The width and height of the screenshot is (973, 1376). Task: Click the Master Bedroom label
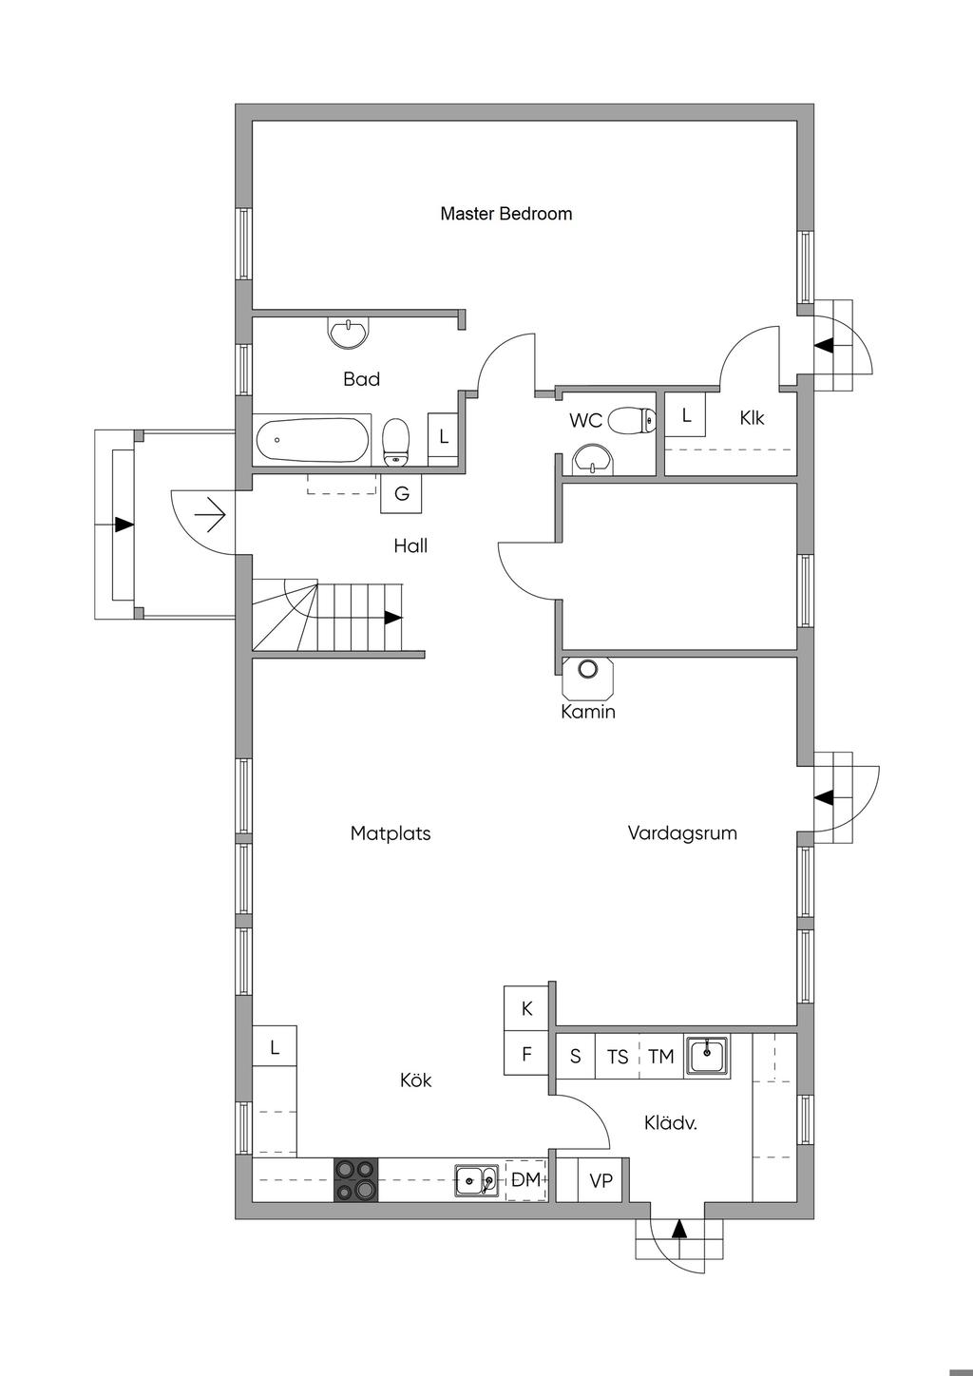pos(506,214)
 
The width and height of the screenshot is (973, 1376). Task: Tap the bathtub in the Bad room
pos(312,440)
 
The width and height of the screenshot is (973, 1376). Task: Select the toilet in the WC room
pos(632,419)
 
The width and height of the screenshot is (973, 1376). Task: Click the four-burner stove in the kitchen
pos(355,1179)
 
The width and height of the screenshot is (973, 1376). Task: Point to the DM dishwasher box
pos(525,1180)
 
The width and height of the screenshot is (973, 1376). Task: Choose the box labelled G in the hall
pos(401,494)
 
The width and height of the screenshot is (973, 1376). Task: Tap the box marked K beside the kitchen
pos(526,1009)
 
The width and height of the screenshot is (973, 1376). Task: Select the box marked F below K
pos(526,1054)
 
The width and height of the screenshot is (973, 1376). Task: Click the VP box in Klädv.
pos(601,1180)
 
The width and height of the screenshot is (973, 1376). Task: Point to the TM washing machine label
pos(660,1056)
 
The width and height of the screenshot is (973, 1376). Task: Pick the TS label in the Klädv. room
pos(618,1056)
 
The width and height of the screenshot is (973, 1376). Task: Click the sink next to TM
pos(708,1055)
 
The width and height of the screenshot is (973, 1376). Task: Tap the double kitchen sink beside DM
pos(477,1180)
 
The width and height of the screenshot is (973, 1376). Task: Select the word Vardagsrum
pos(682,833)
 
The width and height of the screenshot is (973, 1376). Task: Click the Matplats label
pos(391,833)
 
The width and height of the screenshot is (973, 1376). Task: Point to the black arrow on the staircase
pos(392,618)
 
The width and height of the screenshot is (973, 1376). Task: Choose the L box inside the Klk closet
pos(686,415)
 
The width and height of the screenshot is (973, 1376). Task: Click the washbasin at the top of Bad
pos(348,332)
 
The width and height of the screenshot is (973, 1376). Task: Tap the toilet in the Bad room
pos(396,444)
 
